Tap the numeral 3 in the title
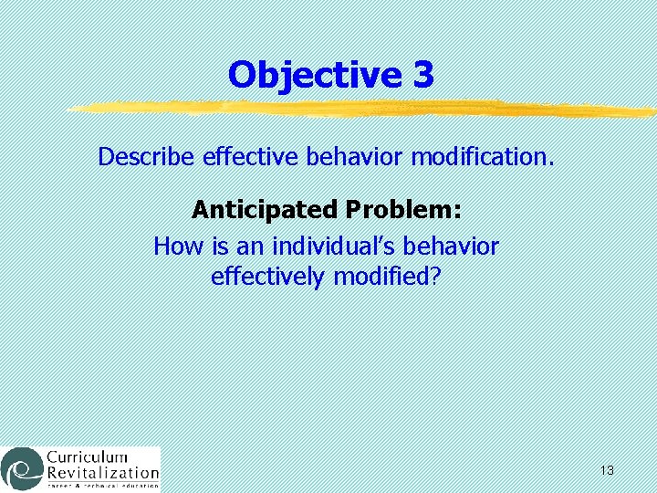[422, 75]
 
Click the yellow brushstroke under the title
[365, 110]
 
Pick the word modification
[482, 157]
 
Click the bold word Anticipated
[264, 210]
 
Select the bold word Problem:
[403, 210]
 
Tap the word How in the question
[172, 246]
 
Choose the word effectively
[266, 276]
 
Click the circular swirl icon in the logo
[21, 467]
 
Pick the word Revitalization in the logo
[102, 473]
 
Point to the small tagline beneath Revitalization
[102, 486]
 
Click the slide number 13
[607, 470]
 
